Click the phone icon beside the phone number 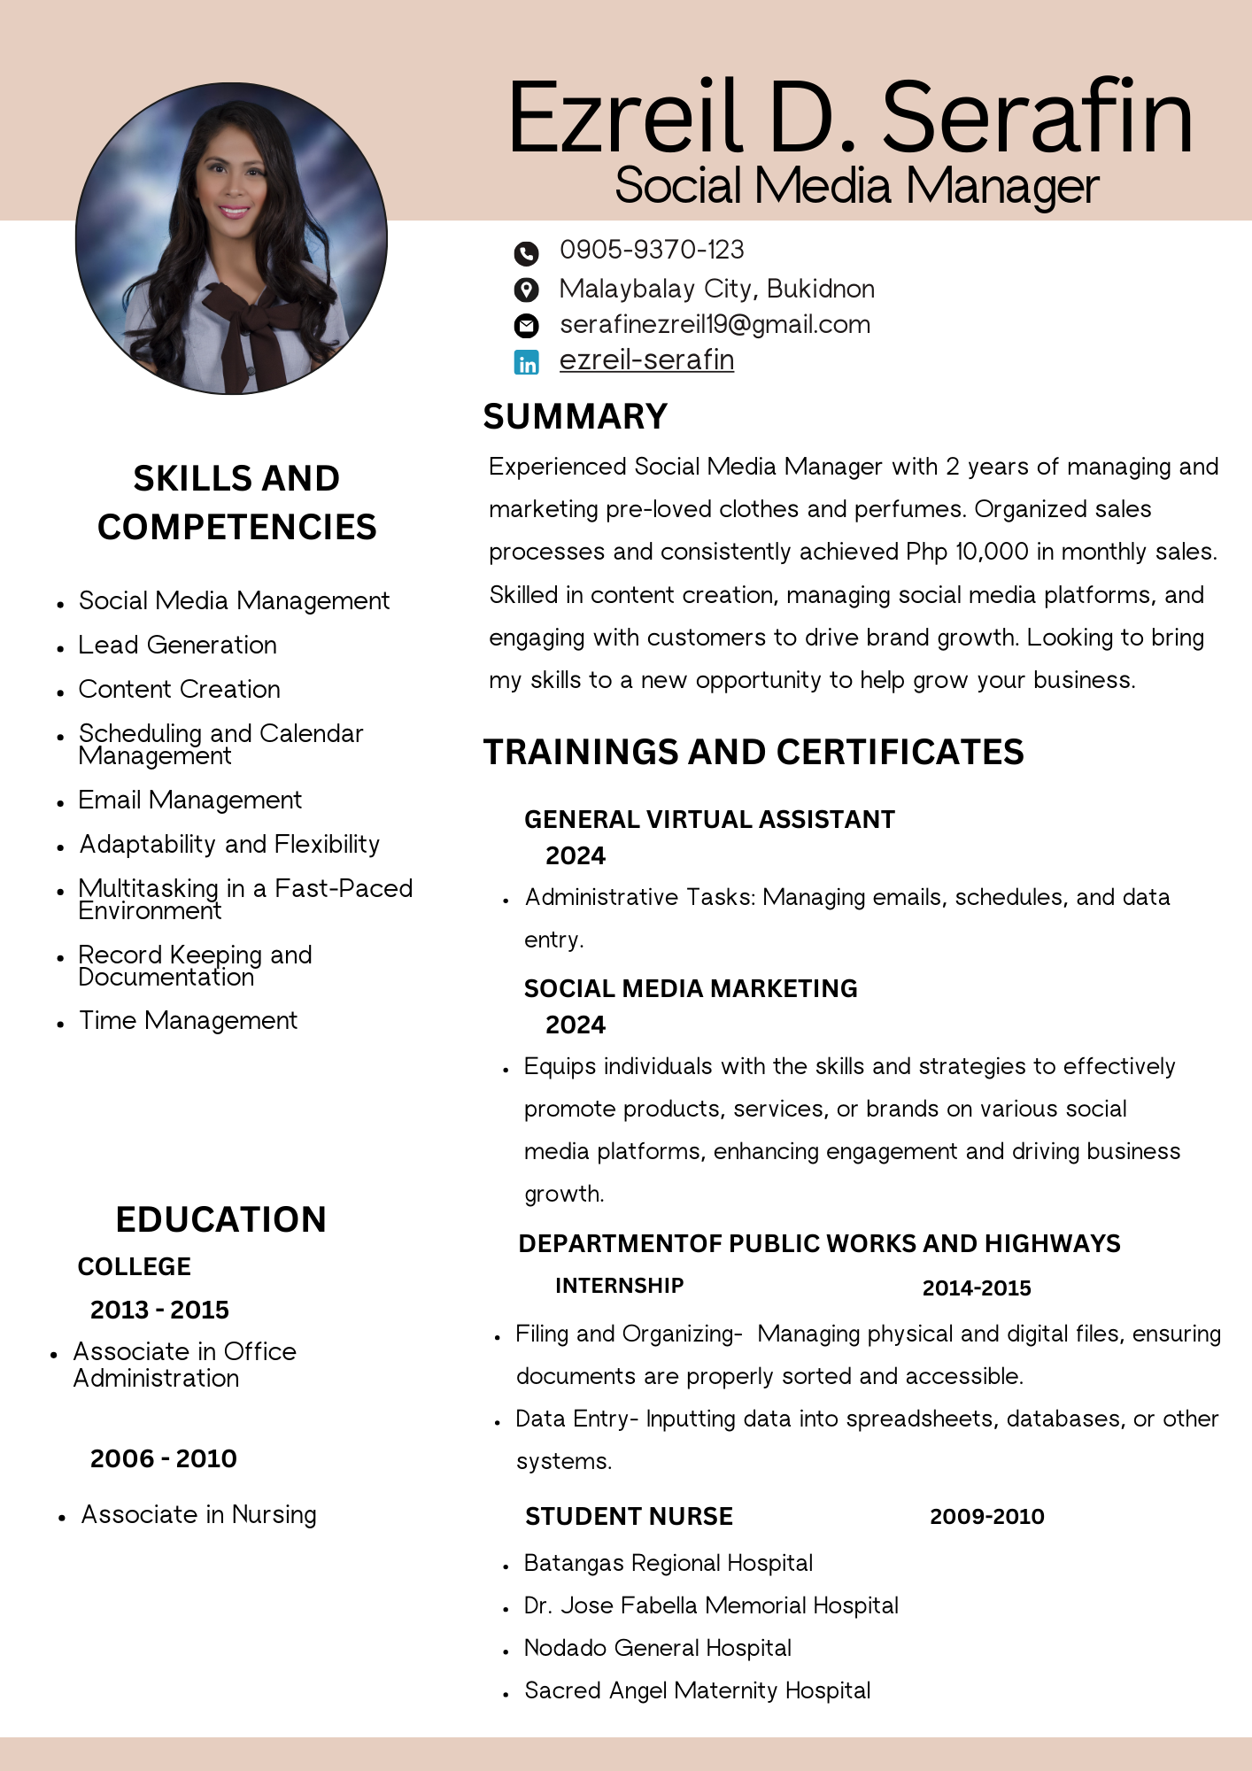tap(526, 254)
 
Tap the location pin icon tap(526, 290)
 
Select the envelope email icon tap(526, 326)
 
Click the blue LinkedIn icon tap(527, 362)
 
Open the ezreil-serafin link tap(646, 360)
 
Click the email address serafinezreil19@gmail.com tap(715, 325)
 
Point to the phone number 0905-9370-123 tap(652, 250)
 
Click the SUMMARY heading tap(576, 417)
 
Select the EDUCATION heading tap(221, 1219)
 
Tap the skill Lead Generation tap(177, 645)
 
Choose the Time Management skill tap(188, 1021)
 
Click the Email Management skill tap(189, 800)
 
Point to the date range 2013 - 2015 tap(159, 1310)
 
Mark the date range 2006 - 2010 tap(163, 1458)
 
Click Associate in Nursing tap(198, 1514)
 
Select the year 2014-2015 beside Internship tap(977, 1288)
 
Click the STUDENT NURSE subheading tap(629, 1517)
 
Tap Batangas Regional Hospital tap(668, 1563)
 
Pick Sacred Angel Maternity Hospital tap(697, 1690)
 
